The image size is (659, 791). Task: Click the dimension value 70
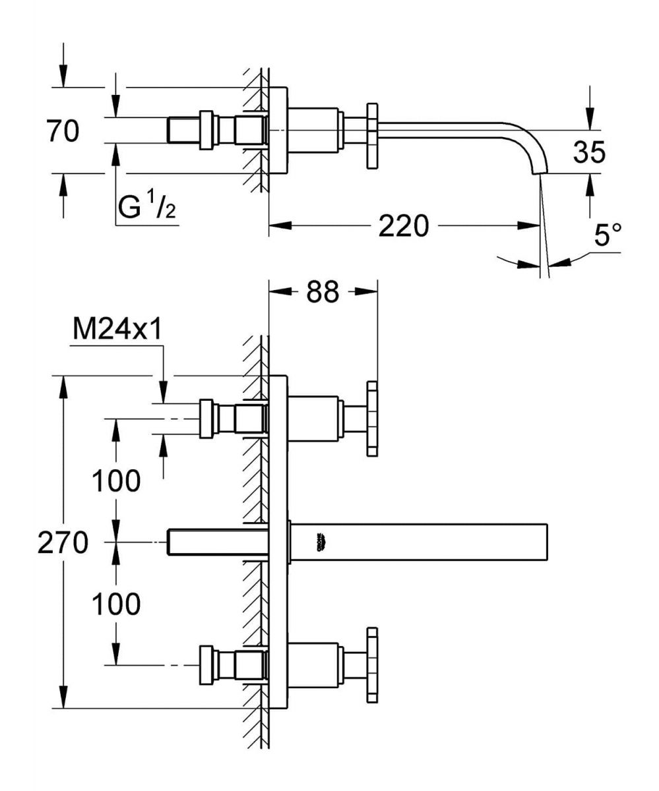click(63, 131)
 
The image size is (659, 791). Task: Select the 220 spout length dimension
click(403, 225)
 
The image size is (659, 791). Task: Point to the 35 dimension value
click(589, 152)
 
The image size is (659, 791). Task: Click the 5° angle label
click(608, 236)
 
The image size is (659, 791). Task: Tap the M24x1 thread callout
click(117, 330)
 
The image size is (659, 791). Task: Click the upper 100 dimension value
click(116, 481)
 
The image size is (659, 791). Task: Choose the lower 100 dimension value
click(116, 603)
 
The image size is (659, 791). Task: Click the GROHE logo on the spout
click(323, 541)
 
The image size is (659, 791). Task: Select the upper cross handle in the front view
click(373, 419)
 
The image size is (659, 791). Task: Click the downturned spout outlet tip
click(538, 170)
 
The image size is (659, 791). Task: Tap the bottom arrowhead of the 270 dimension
click(63, 699)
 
